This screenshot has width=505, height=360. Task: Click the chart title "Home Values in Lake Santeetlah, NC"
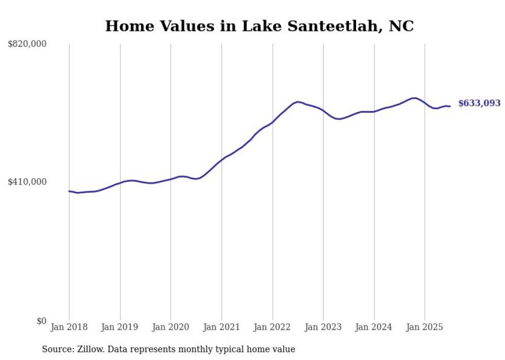tap(259, 26)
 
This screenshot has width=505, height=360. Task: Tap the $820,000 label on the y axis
tap(27, 44)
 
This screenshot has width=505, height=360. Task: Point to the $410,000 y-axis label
tap(27, 182)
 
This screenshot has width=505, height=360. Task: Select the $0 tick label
tap(41, 321)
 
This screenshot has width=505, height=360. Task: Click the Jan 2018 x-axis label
tap(69, 327)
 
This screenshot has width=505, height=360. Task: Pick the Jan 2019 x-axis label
tap(120, 327)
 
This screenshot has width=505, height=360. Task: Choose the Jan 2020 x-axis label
tap(171, 327)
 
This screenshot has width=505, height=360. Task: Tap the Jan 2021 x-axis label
tap(222, 327)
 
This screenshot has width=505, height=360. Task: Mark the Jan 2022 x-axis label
tap(273, 327)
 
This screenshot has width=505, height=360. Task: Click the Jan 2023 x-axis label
tap(323, 327)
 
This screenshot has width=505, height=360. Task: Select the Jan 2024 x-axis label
tap(374, 327)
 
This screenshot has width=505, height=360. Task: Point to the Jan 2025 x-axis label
tap(425, 327)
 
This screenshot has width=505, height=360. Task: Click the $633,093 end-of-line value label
tap(479, 103)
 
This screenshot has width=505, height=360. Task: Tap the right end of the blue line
tap(450, 106)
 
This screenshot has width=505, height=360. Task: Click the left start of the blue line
tap(69, 191)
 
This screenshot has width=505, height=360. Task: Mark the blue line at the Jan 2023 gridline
tap(323, 111)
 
